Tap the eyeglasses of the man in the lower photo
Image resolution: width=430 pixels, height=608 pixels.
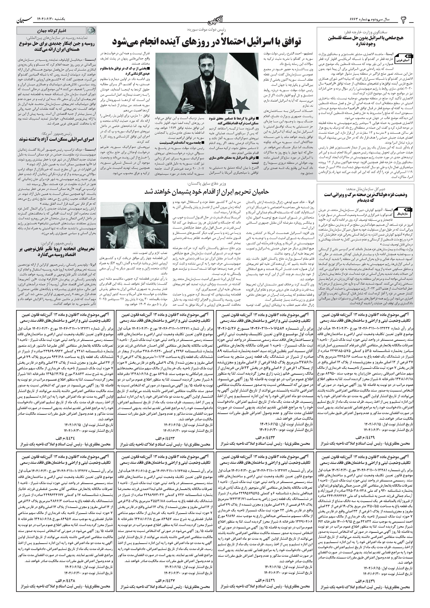point(129,213)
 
